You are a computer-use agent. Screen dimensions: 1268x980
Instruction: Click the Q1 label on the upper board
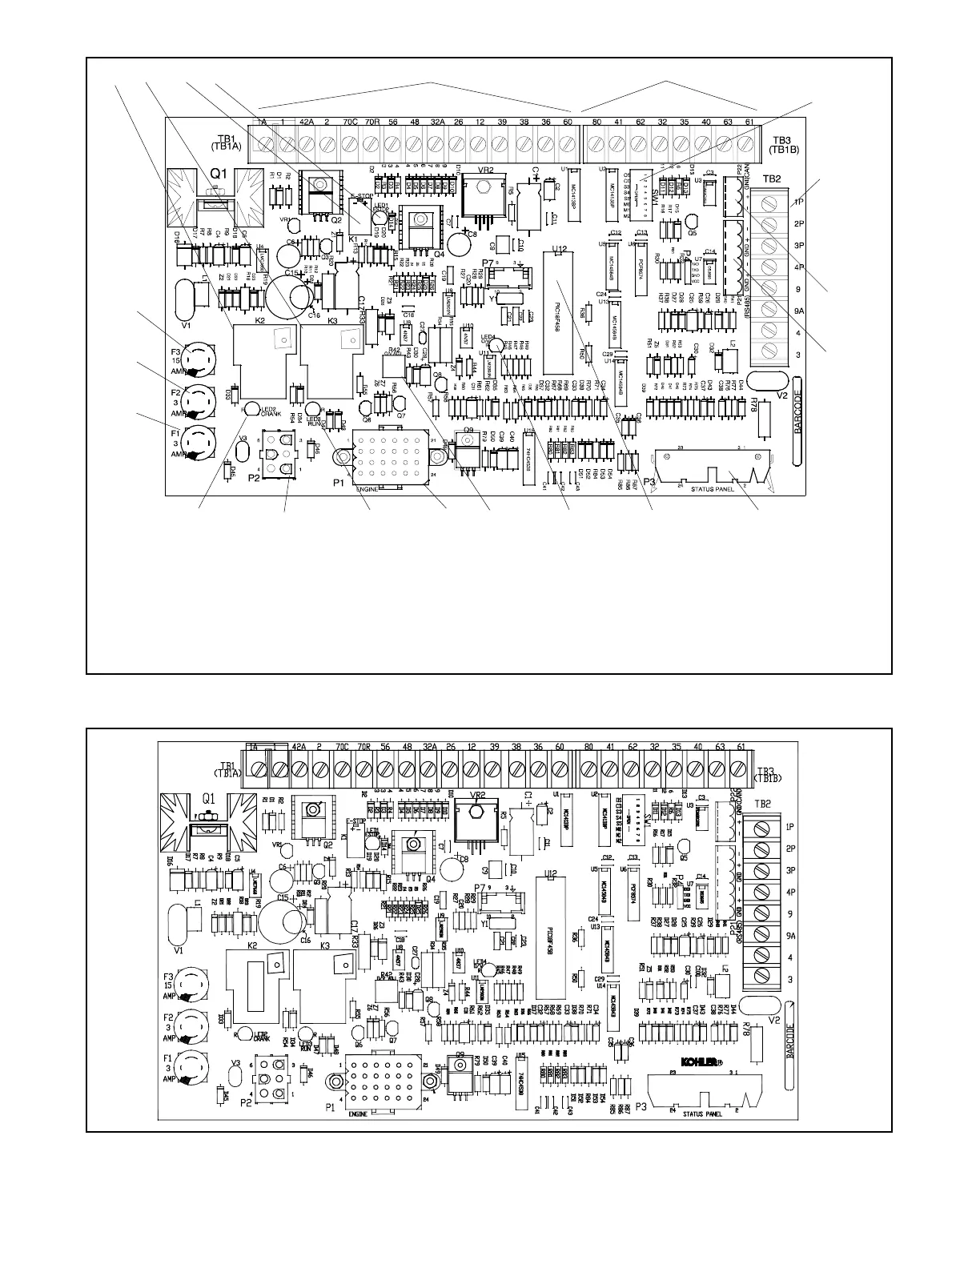222,173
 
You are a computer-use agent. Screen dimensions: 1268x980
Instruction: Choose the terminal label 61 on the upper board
748,122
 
